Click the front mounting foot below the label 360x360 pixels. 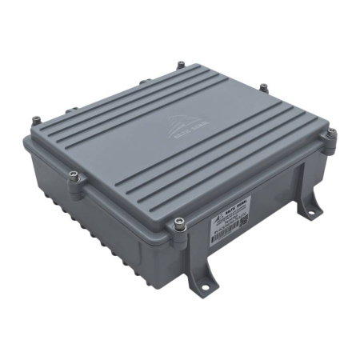tap(199, 272)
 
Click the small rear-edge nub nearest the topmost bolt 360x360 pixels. tap(145, 80)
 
